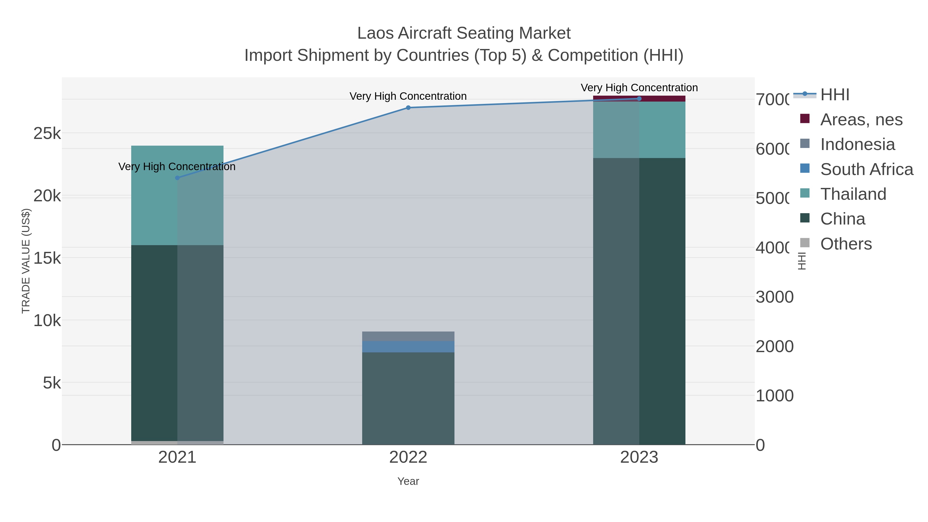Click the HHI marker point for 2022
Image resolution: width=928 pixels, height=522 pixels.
pos(408,108)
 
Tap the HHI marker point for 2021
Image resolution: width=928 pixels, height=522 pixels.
pos(177,178)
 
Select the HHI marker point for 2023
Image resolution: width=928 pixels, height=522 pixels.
pos(639,99)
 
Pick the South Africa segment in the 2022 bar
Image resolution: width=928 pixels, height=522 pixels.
pos(408,346)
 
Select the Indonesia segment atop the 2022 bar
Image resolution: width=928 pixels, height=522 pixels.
pos(408,336)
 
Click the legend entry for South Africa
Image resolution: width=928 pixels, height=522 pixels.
pos(866,169)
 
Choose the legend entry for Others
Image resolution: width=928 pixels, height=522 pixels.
pos(846,244)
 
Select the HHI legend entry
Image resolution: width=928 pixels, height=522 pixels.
pos(834,95)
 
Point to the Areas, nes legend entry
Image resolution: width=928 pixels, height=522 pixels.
pos(861,120)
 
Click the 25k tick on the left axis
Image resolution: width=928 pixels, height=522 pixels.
pos(47,134)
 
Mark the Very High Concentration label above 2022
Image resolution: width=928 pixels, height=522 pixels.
pos(408,96)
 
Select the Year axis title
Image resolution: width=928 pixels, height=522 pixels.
pos(408,481)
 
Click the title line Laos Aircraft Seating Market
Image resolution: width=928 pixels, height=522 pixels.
pos(464,33)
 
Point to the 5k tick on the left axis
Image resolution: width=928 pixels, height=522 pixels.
pos(52,383)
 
